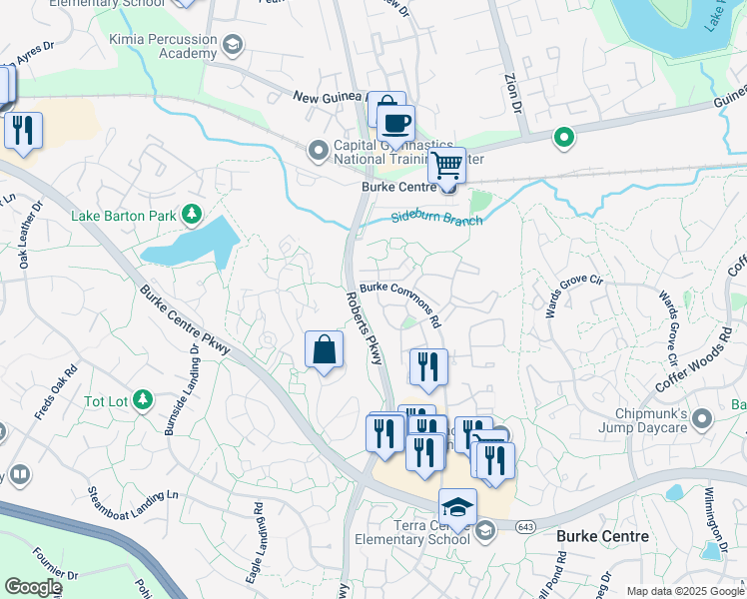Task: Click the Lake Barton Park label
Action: pyautogui.click(x=123, y=215)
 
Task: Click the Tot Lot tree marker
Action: pyautogui.click(x=142, y=400)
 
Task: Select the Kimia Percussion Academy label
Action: pyautogui.click(x=164, y=46)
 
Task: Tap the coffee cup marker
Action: pyautogui.click(x=396, y=125)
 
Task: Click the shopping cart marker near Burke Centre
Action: pyautogui.click(x=446, y=165)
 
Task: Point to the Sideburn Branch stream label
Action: pyautogui.click(x=436, y=218)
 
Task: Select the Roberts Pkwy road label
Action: pyautogui.click(x=365, y=330)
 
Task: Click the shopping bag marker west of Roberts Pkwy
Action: pyautogui.click(x=324, y=350)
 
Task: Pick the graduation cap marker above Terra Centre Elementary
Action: pyautogui.click(x=457, y=507)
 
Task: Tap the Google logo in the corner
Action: pyautogui.click(x=32, y=587)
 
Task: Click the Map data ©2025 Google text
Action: pyautogui.click(x=683, y=591)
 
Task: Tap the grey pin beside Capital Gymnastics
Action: pyautogui.click(x=318, y=151)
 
